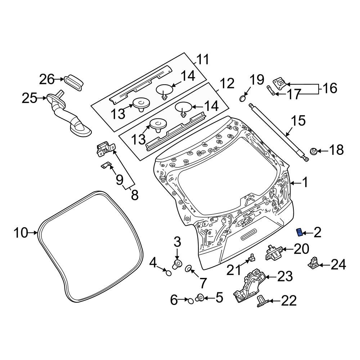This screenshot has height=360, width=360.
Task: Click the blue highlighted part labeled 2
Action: coord(299,232)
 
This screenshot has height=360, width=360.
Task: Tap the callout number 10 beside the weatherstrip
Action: coord(21,233)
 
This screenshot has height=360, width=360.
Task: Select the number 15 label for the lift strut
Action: coord(298,121)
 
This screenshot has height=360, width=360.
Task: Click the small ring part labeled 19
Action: coord(243,97)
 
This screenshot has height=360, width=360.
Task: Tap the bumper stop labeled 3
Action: coord(177,265)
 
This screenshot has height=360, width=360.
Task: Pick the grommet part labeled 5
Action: coord(200,298)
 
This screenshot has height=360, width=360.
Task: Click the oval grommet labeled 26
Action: coord(75,81)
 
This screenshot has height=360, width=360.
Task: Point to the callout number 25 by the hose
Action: coord(30,98)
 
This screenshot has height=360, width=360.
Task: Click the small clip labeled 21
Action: coord(252,257)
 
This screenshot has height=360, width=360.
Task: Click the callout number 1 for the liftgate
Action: coord(305,183)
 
